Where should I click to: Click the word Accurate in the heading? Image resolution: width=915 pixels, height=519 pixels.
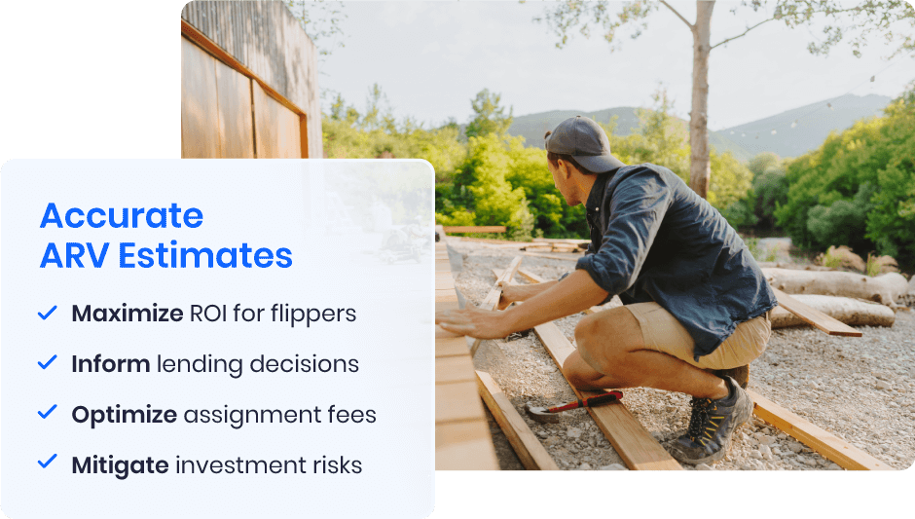click(x=122, y=215)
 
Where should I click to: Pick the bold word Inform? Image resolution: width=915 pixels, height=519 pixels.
click(x=110, y=364)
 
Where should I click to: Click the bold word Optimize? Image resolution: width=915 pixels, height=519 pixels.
click(x=125, y=415)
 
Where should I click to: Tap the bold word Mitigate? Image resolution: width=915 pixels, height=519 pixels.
click(x=120, y=465)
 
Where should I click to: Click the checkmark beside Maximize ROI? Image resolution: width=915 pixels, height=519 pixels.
click(x=47, y=313)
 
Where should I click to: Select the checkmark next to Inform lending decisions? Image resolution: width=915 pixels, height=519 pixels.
click(x=47, y=363)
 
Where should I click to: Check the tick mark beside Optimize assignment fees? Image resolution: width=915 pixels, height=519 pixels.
click(x=47, y=413)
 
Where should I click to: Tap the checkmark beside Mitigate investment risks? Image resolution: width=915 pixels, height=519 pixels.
click(x=47, y=463)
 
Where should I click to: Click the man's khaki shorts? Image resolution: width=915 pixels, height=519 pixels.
click(x=715, y=337)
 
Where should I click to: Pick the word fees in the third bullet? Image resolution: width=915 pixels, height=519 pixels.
click(x=350, y=415)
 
